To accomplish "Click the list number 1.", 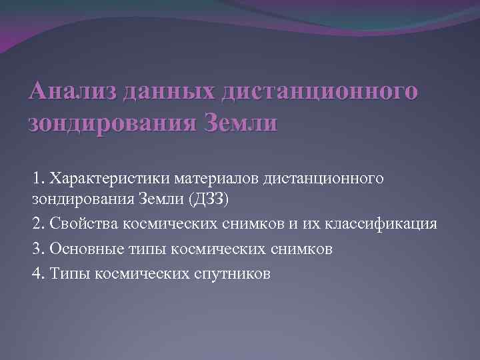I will [x=37, y=179].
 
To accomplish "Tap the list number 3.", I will [x=37, y=249].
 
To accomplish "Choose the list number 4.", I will [x=37, y=273].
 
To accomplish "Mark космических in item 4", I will [x=141, y=273].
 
